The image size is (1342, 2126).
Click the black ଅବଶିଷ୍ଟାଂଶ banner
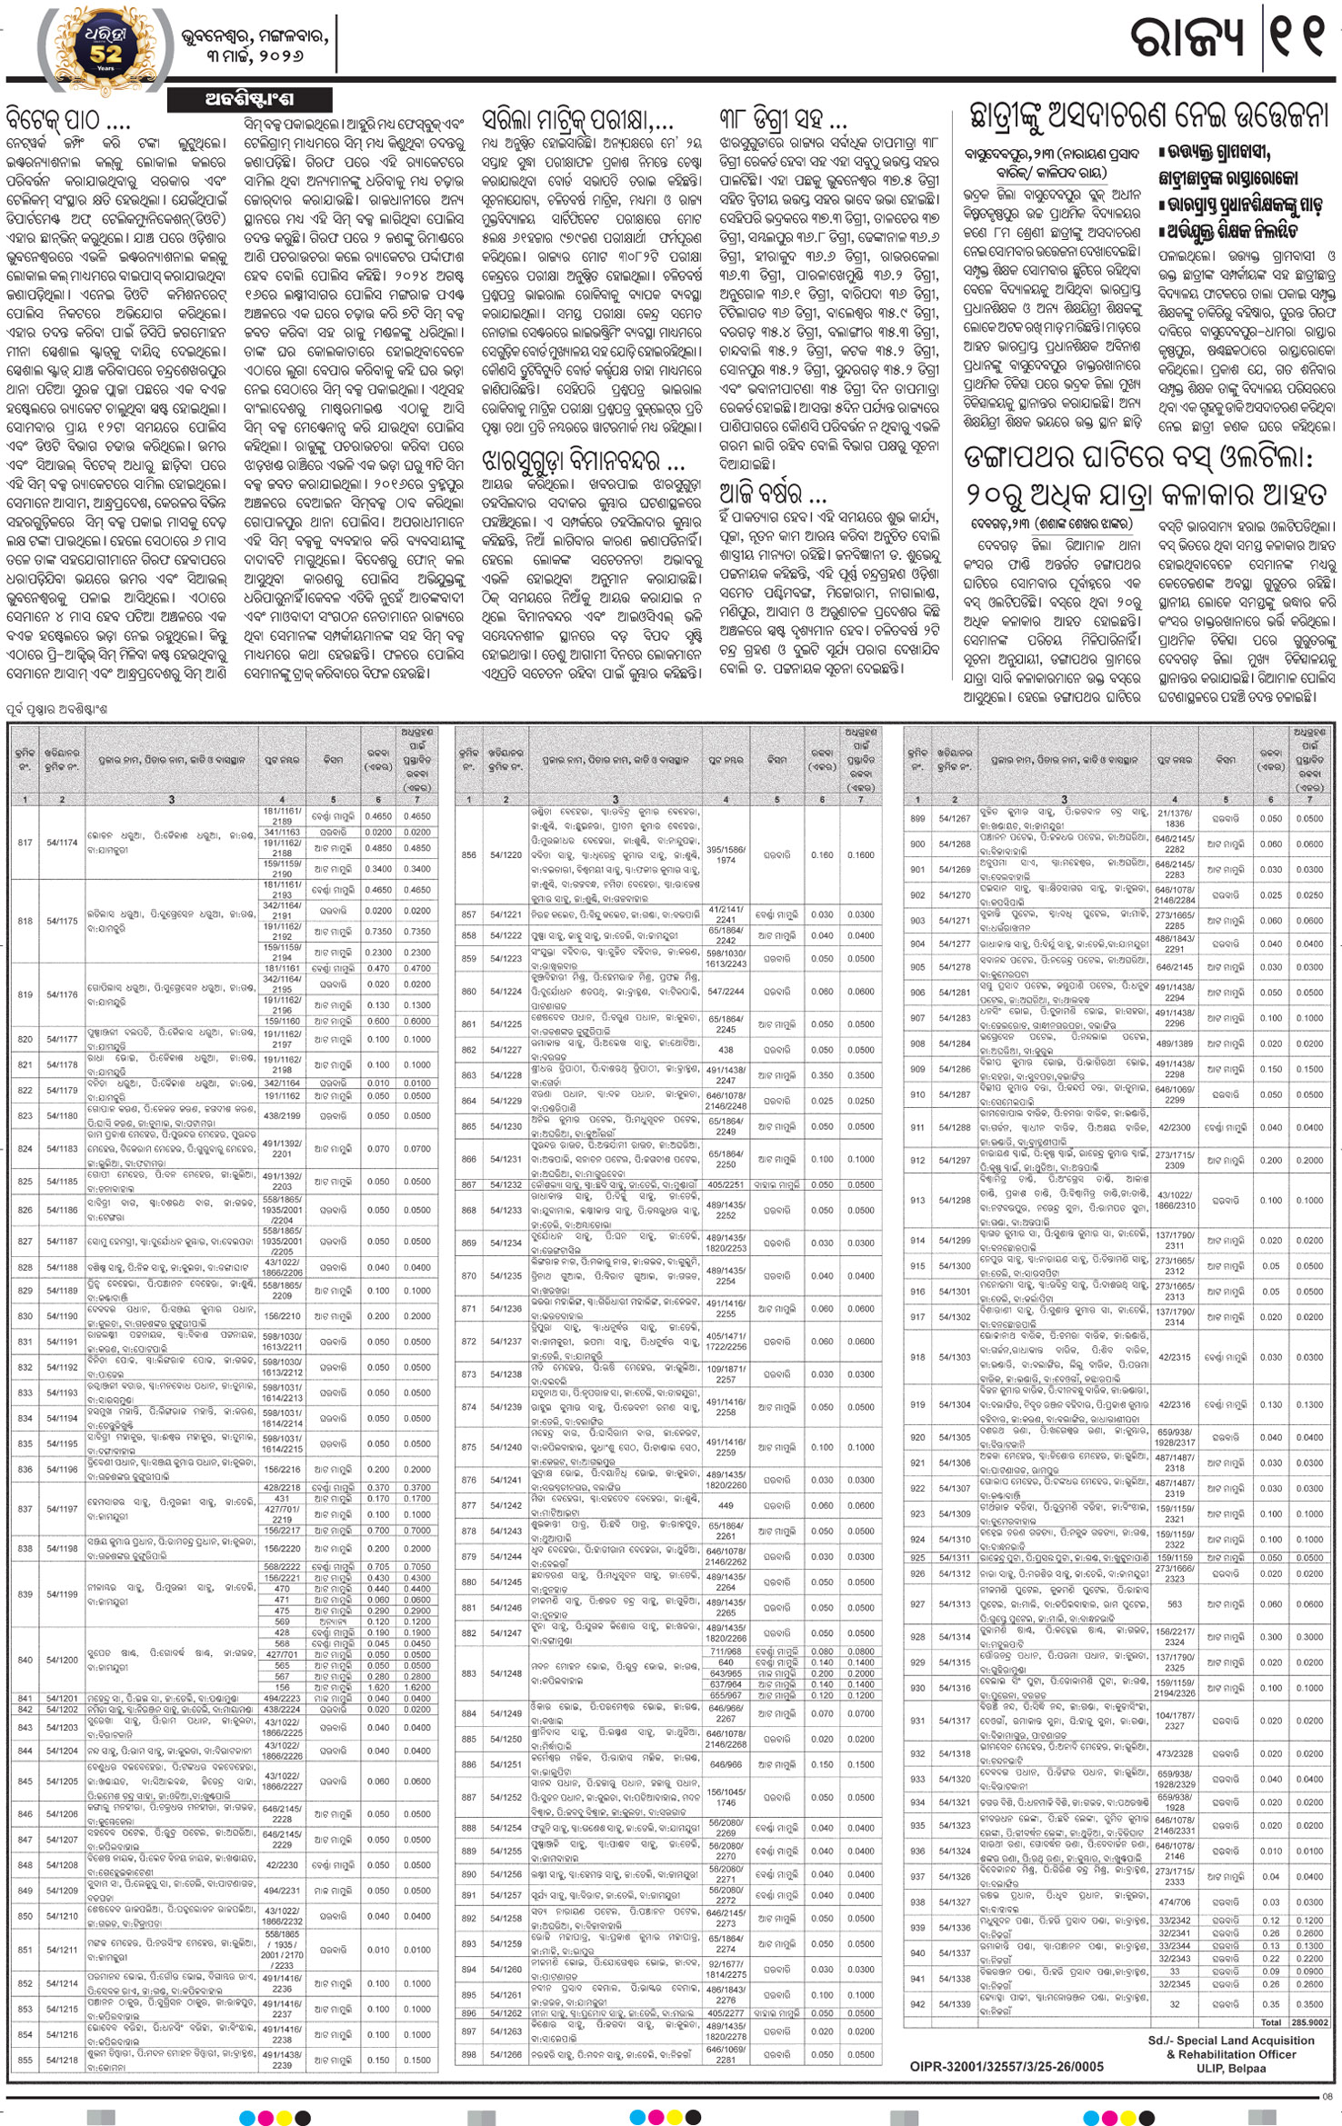click(249, 99)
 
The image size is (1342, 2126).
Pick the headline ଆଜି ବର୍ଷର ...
click(772, 494)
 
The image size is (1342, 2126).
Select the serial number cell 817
click(25, 843)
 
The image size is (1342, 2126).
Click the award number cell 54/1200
click(63, 1660)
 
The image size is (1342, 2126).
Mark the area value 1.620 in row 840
click(378, 1687)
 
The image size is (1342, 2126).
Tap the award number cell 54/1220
click(506, 855)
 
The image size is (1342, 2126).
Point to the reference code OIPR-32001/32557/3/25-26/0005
click(1006, 2067)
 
